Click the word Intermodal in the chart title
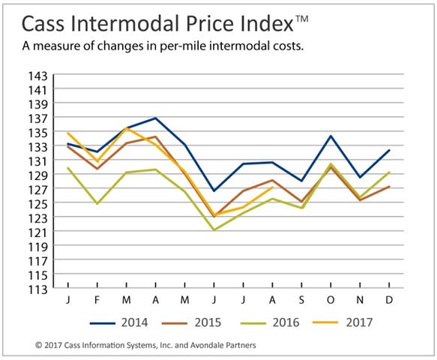click(x=124, y=24)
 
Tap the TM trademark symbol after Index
click(x=301, y=19)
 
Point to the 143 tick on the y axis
click(x=38, y=76)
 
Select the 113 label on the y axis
click(x=38, y=289)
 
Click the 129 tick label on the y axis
click(x=38, y=175)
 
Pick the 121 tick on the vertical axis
click(x=38, y=232)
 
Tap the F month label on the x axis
click(x=97, y=300)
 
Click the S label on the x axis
click(x=301, y=300)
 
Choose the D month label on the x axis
click(x=389, y=300)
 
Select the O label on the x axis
click(x=331, y=300)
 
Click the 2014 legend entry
click(x=119, y=322)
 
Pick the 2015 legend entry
click(x=192, y=322)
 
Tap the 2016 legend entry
click(x=270, y=322)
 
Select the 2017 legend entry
click(x=343, y=322)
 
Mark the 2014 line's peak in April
click(x=155, y=118)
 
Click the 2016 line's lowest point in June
click(x=214, y=230)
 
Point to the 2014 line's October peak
click(x=331, y=136)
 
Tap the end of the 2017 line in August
click(x=272, y=187)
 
